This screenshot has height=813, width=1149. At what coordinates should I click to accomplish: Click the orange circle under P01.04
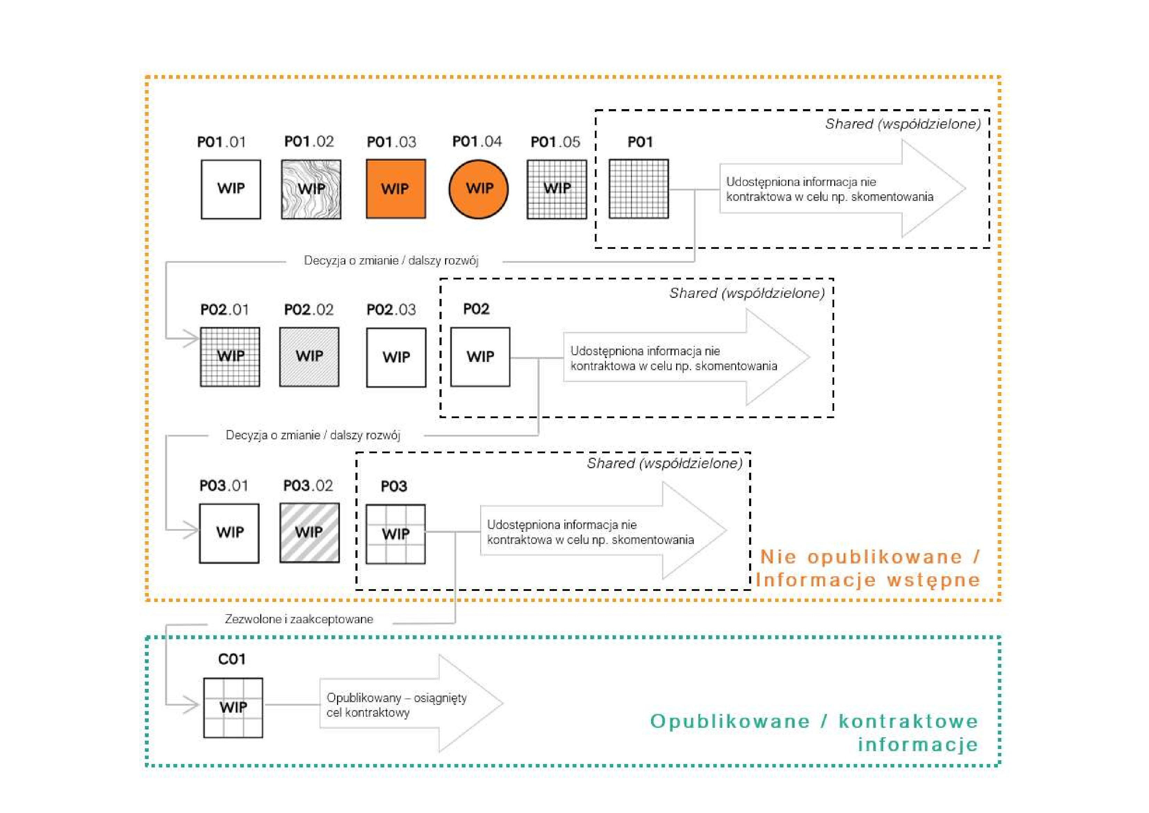[x=478, y=189]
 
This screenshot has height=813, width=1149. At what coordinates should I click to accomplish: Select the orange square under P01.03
[x=396, y=189]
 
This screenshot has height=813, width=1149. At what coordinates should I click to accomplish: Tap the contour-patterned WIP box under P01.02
[x=311, y=189]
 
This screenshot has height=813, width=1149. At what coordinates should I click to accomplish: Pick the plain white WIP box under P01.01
[x=231, y=189]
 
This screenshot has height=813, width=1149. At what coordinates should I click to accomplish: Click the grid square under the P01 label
[x=639, y=189]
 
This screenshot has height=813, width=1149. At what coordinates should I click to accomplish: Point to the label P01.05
[x=555, y=142]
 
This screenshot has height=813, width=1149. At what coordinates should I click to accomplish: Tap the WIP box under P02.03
[x=396, y=357]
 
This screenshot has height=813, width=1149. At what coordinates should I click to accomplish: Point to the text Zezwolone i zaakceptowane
[x=299, y=619]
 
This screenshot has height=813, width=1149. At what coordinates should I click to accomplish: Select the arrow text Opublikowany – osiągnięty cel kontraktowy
[x=396, y=705]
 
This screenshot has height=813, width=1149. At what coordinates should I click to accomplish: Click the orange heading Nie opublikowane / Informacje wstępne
[x=868, y=568]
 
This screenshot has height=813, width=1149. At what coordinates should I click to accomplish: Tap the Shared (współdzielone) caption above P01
[x=903, y=124]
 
